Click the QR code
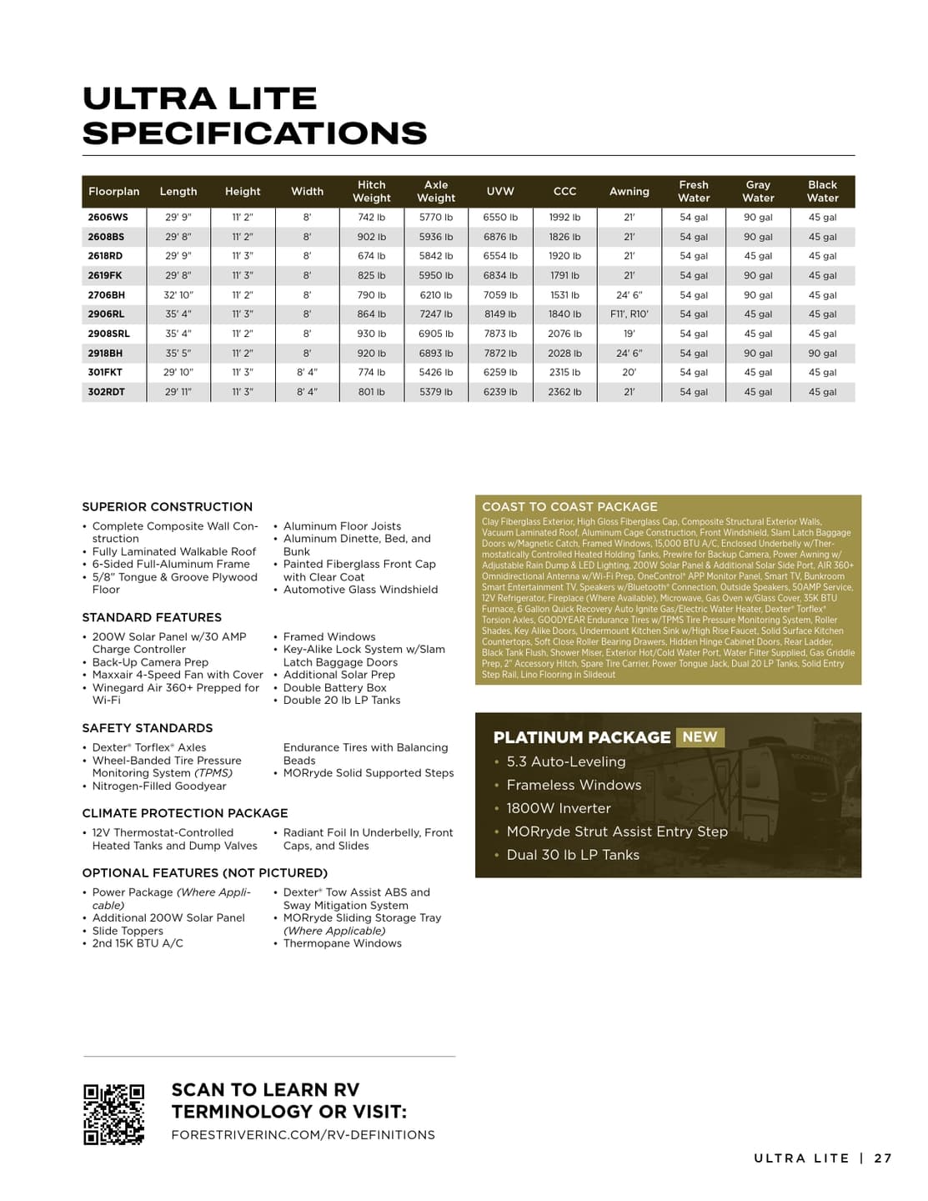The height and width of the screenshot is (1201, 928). pos(113,1114)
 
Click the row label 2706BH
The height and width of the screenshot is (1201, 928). pos(107,295)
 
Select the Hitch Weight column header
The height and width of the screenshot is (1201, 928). pos(372,191)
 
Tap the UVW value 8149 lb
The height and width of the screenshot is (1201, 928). pos(500,314)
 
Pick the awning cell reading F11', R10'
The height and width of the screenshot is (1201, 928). pos(630,314)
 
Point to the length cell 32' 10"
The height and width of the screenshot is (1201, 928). pos(178,295)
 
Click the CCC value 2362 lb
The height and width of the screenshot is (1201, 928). pos(564,392)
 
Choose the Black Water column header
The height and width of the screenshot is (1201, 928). pos(822,191)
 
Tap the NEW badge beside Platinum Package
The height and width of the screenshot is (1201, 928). pos(700,737)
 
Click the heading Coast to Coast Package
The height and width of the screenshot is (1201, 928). pos(569,506)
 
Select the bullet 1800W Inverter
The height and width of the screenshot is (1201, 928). pos(559,808)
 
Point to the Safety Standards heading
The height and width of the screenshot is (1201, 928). pos(148,728)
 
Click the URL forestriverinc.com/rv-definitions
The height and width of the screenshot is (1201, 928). pos(303,1135)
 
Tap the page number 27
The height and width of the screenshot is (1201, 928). pos(883,1158)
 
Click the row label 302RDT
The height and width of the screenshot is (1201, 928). pos(107,392)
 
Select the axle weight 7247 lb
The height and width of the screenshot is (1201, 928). pos(436,314)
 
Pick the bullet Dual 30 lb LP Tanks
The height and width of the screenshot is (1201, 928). pos(573,855)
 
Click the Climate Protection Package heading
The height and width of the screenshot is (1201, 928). pos(185,813)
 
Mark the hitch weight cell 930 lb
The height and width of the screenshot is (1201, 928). pos(372,334)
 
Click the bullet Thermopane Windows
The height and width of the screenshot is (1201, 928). pos(343,943)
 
